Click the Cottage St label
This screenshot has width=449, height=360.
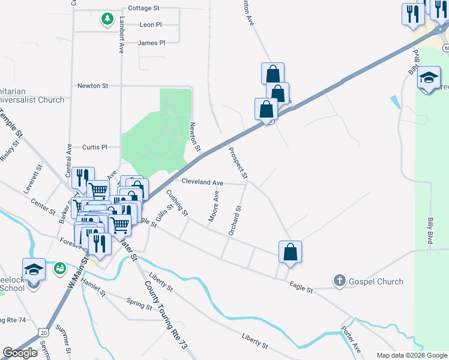pos(143,8)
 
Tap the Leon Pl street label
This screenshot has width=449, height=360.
pos(150,25)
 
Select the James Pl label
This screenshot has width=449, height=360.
pos(151,43)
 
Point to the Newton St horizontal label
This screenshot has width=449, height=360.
pos(92,86)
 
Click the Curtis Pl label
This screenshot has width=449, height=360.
pos(94,147)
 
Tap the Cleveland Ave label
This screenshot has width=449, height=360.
pos(202,182)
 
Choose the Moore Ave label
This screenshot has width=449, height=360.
pos(213,206)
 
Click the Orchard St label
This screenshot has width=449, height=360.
pos(235,220)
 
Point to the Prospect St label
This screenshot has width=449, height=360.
pos(238,163)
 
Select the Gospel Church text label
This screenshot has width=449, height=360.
pos(377,281)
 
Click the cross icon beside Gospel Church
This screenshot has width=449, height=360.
pos(339,281)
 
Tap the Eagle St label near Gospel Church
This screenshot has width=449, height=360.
pos(301,289)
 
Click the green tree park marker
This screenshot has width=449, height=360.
pos(107,19)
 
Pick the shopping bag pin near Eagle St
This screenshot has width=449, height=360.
pos(290,253)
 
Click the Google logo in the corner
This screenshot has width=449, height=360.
pos(20,353)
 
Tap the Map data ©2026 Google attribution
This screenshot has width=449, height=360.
pos(412,355)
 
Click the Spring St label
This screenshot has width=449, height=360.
pos(139,305)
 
